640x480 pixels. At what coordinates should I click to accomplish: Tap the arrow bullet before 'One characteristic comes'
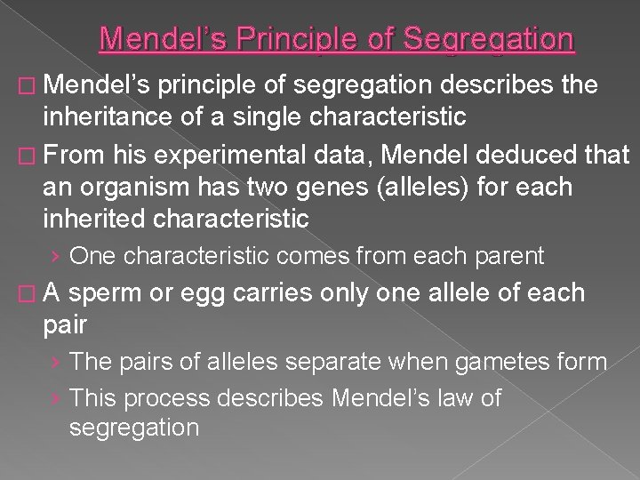click(56, 258)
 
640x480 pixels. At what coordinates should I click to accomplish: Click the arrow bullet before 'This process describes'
click(56, 398)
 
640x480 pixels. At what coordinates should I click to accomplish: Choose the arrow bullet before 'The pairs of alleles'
click(56, 363)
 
